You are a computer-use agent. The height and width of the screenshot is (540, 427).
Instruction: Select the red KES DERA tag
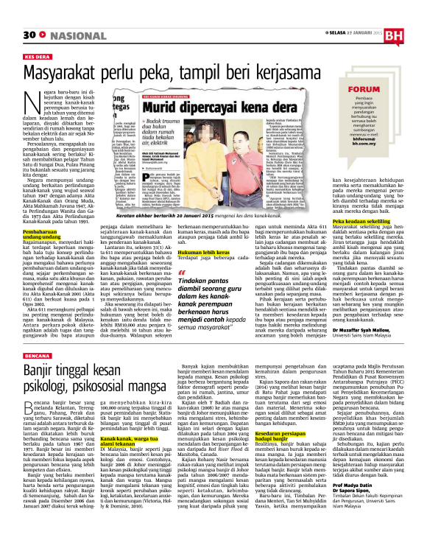pyautogui.click(x=38, y=55)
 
